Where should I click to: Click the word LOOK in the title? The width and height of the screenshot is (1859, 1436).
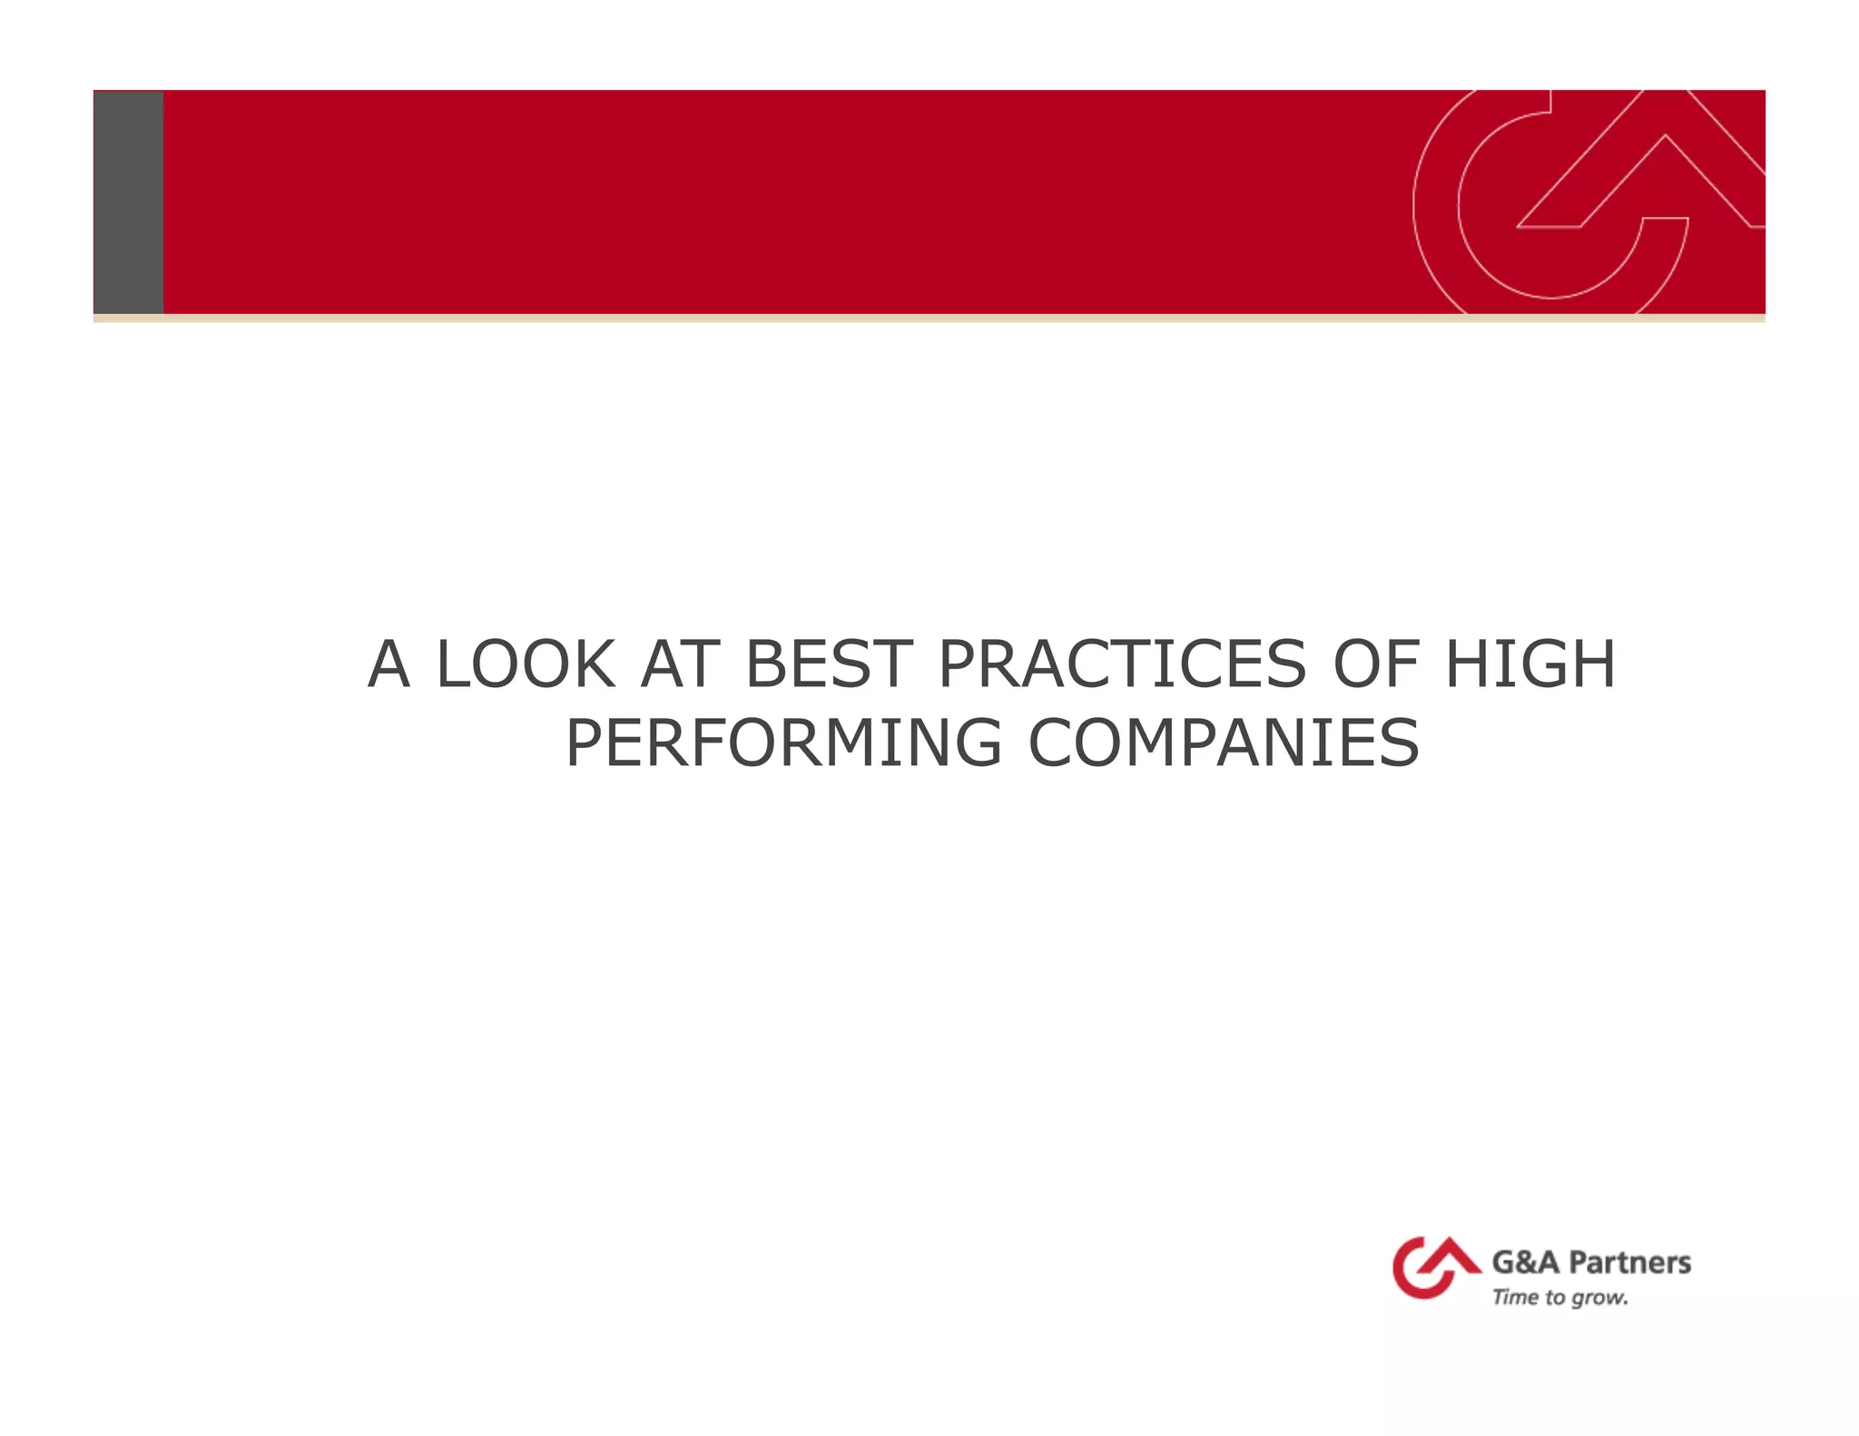click(526, 664)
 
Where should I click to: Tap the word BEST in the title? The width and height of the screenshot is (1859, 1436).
click(827, 664)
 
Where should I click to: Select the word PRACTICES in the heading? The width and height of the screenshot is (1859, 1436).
click(1122, 664)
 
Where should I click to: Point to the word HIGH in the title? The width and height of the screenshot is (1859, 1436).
click(1529, 664)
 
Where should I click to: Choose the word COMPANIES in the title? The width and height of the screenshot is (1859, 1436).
click(1223, 743)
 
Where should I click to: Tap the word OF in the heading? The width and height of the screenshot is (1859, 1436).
click(1375, 664)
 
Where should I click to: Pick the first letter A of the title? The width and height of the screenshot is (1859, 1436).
click(389, 664)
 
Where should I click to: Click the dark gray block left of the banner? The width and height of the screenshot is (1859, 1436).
click(129, 202)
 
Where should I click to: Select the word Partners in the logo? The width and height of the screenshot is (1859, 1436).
click(1629, 1263)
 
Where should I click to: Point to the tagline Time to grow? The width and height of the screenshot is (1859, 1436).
click(1559, 1298)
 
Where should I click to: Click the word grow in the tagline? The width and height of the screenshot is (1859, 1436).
click(1599, 1299)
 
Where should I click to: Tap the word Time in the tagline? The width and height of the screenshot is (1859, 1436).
click(1515, 1297)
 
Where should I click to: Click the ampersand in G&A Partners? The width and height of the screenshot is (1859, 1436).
click(1525, 1263)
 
